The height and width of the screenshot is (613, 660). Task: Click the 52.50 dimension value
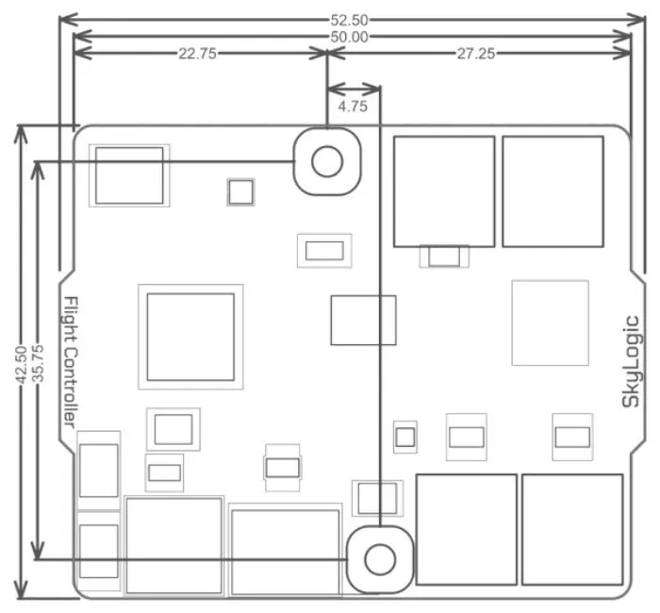[350, 20]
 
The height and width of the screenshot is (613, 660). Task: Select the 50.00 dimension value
[350, 37]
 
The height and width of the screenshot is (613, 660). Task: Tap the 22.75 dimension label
[197, 54]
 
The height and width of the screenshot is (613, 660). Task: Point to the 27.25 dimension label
[476, 54]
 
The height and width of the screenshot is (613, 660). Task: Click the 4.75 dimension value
[353, 107]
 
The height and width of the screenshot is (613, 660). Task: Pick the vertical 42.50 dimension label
[21, 365]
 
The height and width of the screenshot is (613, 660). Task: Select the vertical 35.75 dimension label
[38, 363]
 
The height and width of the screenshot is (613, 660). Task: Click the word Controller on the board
[71, 388]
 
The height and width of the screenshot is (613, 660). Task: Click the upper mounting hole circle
[327, 145]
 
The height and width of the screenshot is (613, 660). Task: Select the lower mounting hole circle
[380, 544]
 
